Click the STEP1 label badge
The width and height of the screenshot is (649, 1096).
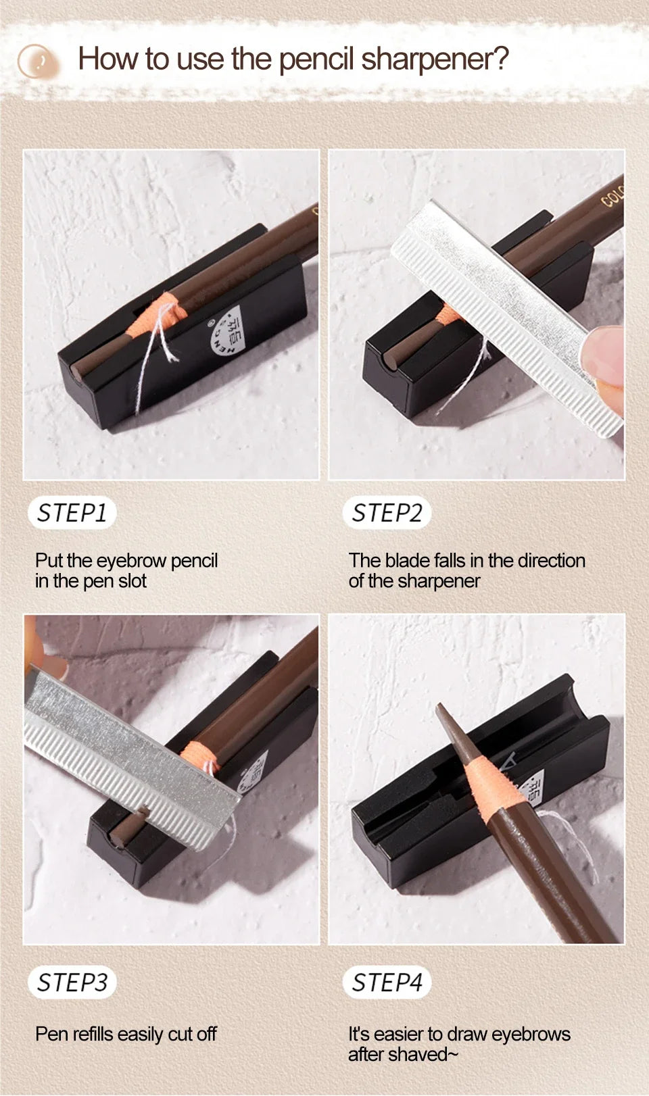click(72, 513)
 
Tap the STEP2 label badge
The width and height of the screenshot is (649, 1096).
click(387, 513)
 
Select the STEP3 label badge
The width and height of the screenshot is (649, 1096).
click(72, 982)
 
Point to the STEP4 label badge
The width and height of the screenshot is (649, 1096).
click(387, 982)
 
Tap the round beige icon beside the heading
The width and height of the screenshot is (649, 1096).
click(38, 61)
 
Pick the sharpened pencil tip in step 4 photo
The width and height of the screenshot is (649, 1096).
click(443, 714)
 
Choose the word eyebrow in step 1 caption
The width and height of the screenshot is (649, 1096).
click(132, 561)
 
